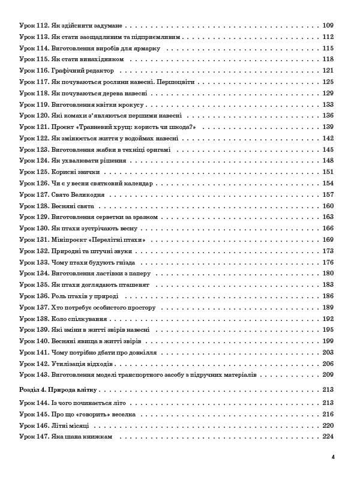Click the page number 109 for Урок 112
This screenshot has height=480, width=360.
pos(328,25)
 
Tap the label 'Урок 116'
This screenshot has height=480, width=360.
pos(33,71)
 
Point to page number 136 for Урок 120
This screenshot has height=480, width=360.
pos(328,116)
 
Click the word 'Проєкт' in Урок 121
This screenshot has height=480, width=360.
pos(63,127)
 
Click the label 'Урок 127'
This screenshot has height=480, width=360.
pos(33,195)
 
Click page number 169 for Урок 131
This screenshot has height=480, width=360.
pos(328,240)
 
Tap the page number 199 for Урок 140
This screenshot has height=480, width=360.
pos(328,341)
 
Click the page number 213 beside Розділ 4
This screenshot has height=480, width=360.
pos(328,390)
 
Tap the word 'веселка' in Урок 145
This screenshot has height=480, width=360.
pos(123,415)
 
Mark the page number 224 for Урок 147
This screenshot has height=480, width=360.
pos(328,437)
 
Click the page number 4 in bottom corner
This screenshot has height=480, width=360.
pos(332,457)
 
